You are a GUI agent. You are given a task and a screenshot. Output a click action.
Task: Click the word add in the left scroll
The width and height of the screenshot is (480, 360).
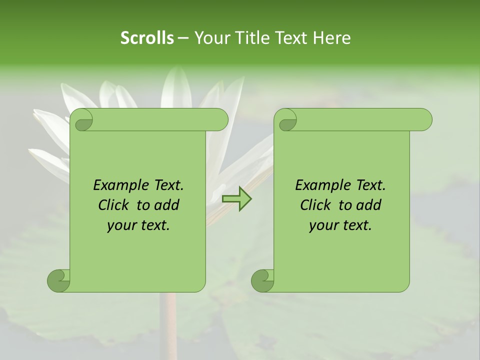(x=166, y=205)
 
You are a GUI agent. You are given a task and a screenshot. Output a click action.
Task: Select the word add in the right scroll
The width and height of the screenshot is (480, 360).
(x=368, y=205)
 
